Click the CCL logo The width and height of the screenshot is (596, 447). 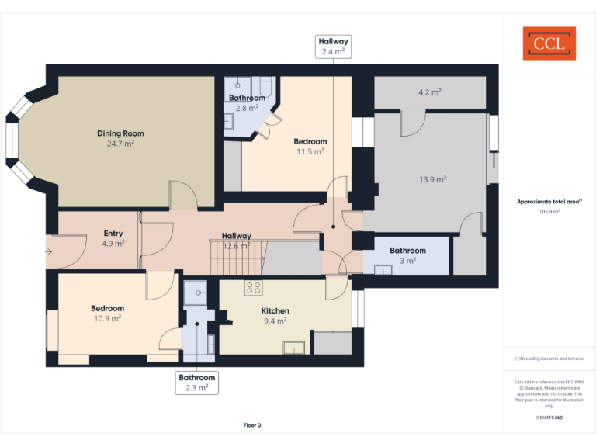549,43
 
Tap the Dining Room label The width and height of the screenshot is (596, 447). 120,133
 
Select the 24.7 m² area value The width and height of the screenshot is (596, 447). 120,144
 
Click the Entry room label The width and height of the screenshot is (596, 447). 113,233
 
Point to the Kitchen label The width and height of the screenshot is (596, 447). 274,310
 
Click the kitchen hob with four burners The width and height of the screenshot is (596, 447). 253,288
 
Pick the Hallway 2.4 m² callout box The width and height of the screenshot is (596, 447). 333,47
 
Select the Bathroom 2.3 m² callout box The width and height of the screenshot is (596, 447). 196,382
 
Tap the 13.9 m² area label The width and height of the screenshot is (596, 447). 432,179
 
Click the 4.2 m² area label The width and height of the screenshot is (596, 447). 429,92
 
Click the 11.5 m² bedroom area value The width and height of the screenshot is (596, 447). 310,151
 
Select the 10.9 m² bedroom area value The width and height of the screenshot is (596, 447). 107,318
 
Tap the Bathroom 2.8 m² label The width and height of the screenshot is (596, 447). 247,103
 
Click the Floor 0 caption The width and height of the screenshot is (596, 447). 252,425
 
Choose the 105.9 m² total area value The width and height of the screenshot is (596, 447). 549,211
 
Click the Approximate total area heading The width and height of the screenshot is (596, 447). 549,202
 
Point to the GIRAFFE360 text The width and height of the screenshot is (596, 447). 549,418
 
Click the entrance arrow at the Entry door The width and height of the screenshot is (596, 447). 50,251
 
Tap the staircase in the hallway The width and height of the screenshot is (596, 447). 237,256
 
